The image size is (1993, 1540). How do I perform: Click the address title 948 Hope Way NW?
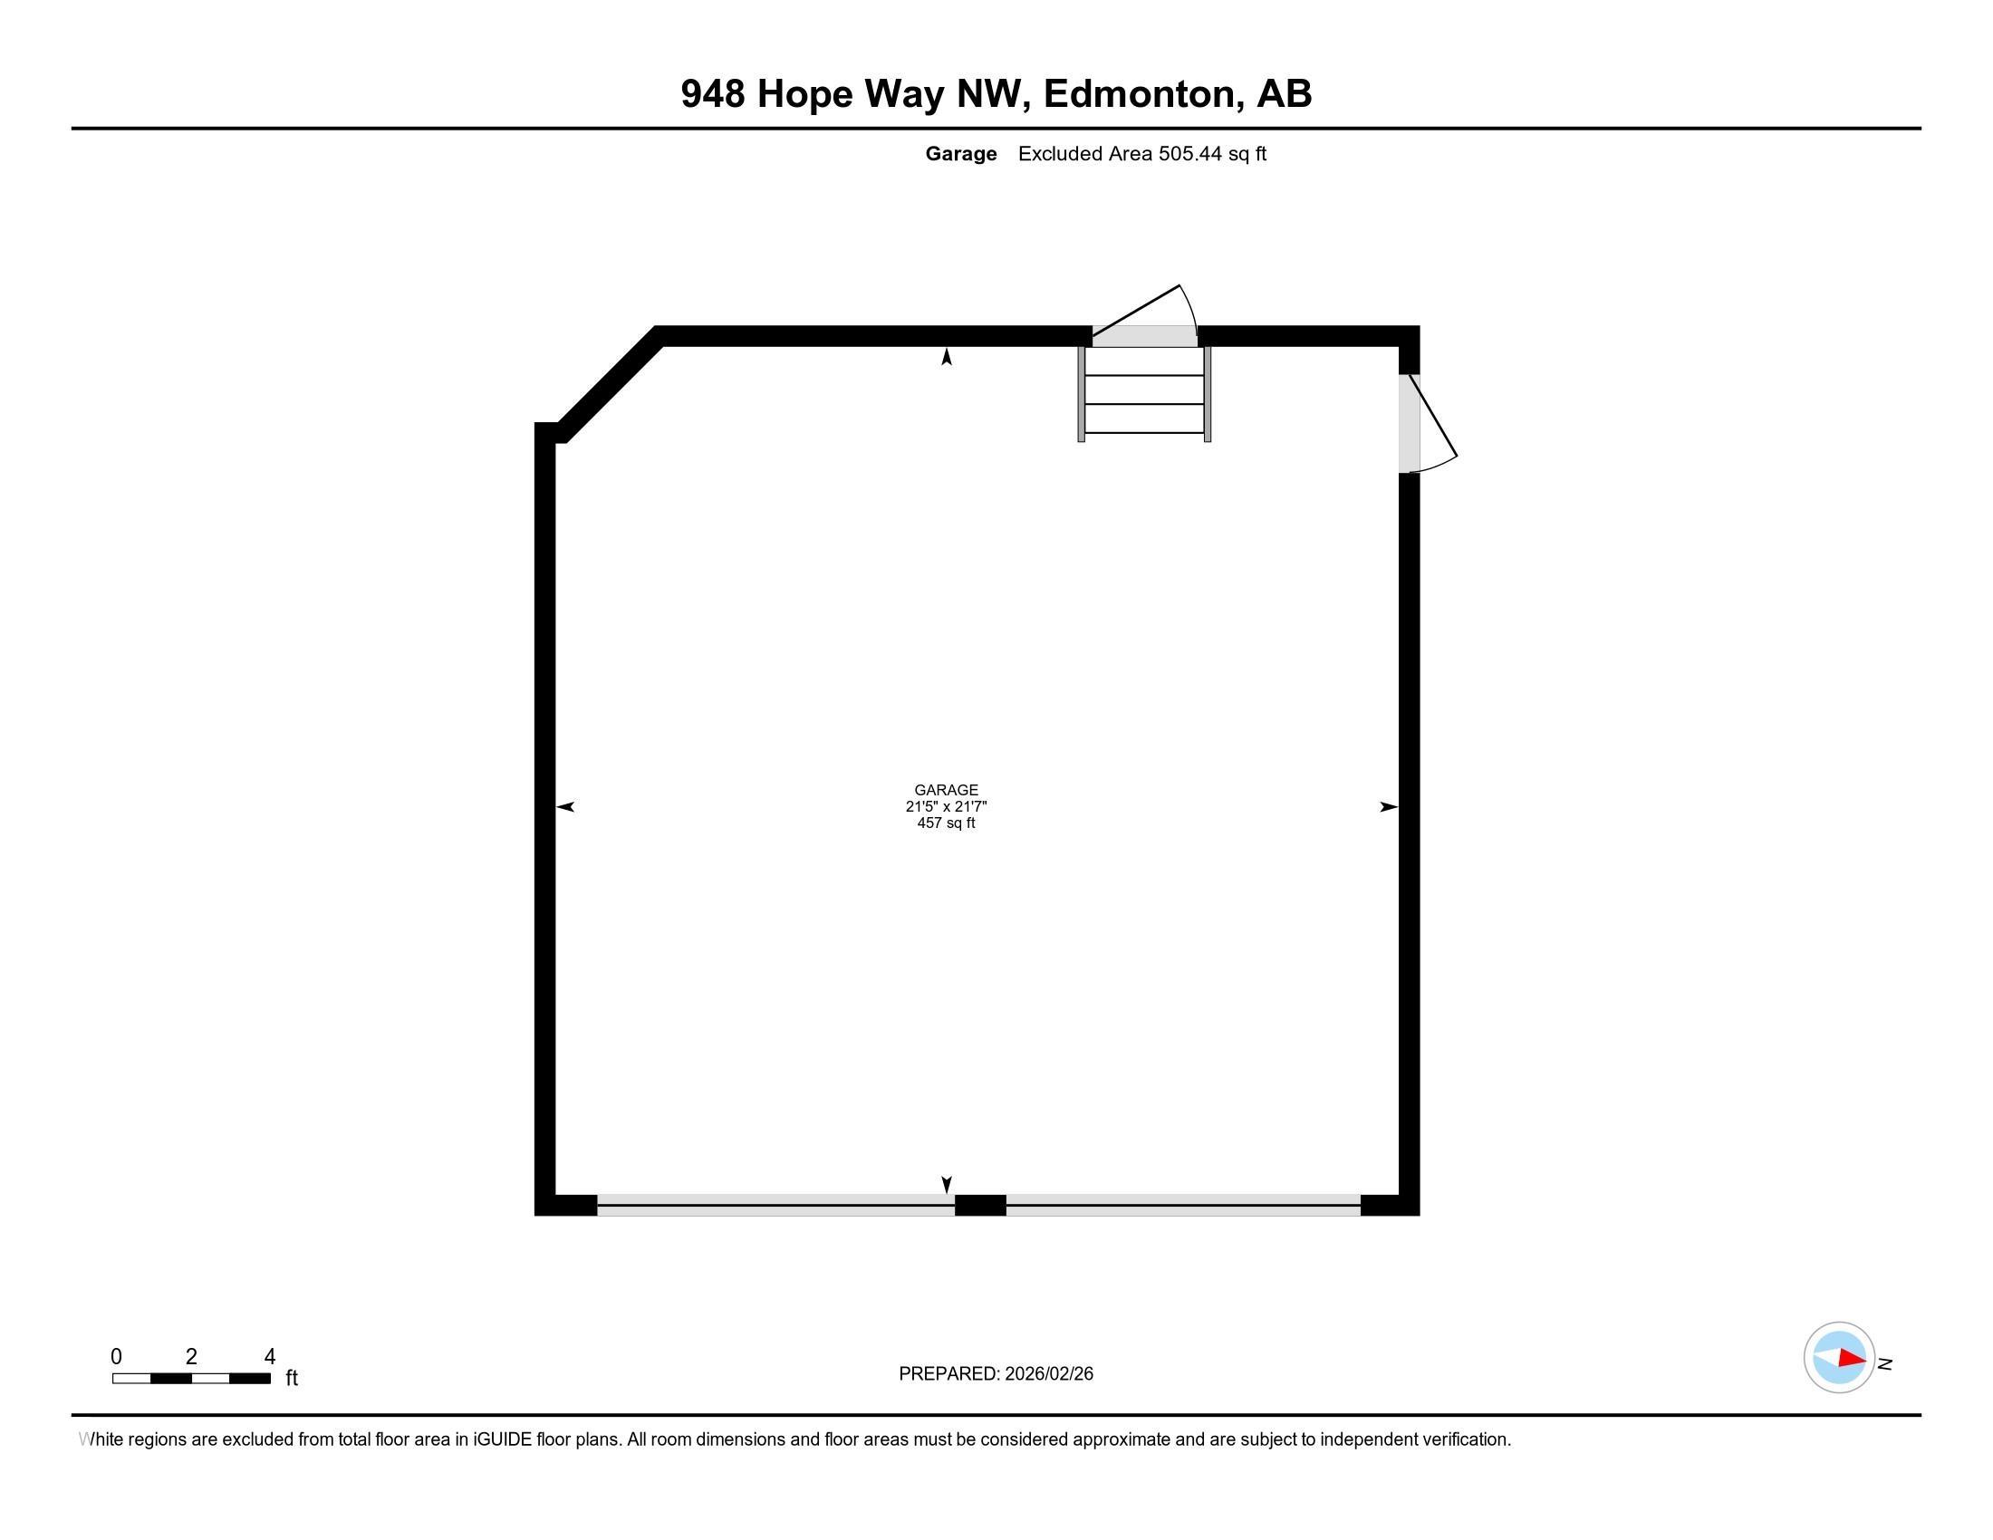pos(996,94)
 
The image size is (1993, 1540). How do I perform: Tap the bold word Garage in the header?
pos(960,154)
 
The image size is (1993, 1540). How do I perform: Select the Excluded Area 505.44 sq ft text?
pos(1141,154)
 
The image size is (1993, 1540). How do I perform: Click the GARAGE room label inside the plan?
pos(946,790)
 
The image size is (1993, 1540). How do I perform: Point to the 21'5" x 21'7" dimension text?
pos(946,806)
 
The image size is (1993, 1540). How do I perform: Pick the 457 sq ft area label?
pos(946,823)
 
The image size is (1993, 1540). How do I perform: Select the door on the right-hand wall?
pos(1423,423)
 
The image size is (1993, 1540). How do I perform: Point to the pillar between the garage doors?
pos(980,1204)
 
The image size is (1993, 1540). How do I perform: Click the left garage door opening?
pos(775,1204)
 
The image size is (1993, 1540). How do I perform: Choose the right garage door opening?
pos(1182,1204)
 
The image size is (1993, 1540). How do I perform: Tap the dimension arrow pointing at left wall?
pos(566,806)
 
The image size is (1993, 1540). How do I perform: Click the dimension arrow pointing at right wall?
pos(1388,806)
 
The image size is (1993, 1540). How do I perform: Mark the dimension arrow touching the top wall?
pos(947,358)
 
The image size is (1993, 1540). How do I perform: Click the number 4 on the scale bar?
pos(269,1357)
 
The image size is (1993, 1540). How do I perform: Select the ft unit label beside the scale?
pos(292,1378)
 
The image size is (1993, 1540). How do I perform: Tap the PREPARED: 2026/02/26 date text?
pos(996,1374)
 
